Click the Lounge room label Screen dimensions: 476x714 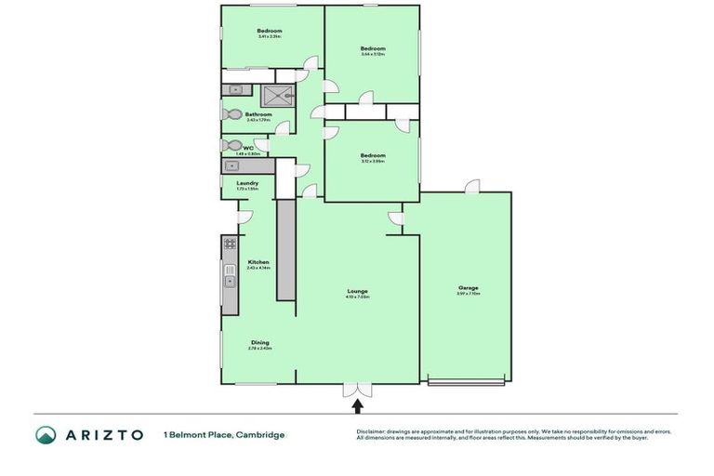(x=357, y=290)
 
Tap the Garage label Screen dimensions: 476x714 (x=468, y=288)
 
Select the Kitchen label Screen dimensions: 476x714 (x=258, y=262)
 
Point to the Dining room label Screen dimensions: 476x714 (x=259, y=342)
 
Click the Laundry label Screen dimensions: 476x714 (x=247, y=183)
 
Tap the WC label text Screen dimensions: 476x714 (x=248, y=147)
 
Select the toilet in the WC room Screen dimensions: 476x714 (x=230, y=146)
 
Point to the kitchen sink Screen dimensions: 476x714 (x=229, y=280)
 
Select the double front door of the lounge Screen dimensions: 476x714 (x=357, y=389)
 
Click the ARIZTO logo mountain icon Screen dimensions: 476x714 (x=46, y=434)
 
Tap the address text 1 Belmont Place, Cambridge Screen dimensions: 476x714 (x=224, y=434)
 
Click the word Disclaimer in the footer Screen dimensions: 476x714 (x=373, y=431)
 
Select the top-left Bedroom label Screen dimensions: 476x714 (x=270, y=31)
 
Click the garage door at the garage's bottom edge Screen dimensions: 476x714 (x=465, y=381)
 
